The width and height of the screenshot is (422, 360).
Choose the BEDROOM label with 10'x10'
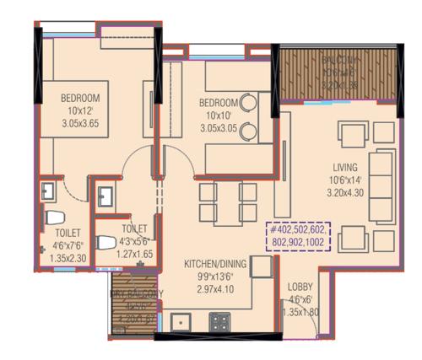tap(217, 103)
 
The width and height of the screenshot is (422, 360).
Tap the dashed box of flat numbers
tap(300, 233)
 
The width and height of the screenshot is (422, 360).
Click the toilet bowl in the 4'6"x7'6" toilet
tap(50, 218)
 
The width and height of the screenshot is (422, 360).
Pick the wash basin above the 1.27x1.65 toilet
tap(108, 197)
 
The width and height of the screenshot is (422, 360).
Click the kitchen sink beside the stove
tap(180, 321)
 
